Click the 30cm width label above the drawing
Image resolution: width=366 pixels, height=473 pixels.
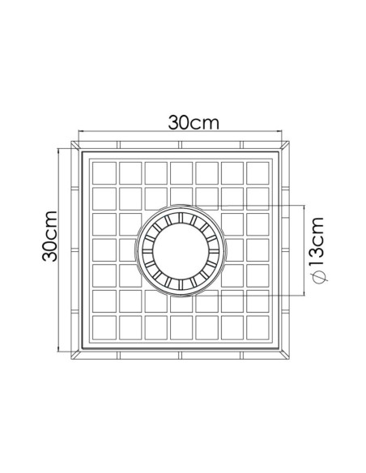(x=194, y=122)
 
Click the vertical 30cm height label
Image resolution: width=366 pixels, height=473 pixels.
(x=49, y=236)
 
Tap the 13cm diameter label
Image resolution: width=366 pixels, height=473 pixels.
(x=317, y=242)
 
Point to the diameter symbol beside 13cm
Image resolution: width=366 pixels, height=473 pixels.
(x=318, y=276)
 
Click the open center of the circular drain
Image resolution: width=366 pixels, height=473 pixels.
(x=181, y=250)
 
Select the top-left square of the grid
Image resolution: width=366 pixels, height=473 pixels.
(x=104, y=173)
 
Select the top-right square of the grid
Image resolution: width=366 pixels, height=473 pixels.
(x=257, y=173)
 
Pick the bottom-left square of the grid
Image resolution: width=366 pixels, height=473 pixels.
(x=104, y=327)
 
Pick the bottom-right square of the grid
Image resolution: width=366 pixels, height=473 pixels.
(x=257, y=327)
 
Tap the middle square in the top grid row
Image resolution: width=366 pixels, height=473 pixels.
(x=181, y=173)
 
